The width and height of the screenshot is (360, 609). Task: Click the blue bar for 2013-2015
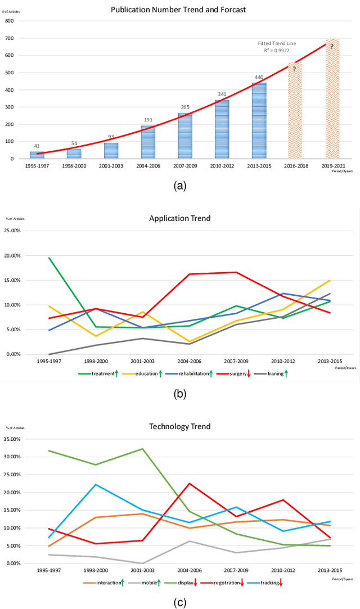point(259,121)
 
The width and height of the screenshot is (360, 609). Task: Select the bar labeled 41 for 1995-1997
point(37,155)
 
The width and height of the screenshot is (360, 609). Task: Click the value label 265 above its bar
point(185,107)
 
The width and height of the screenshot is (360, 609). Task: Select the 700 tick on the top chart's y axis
point(9,38)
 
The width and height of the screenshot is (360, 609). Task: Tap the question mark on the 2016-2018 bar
point(295,69)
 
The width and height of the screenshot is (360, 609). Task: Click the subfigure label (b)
point(179,394)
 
